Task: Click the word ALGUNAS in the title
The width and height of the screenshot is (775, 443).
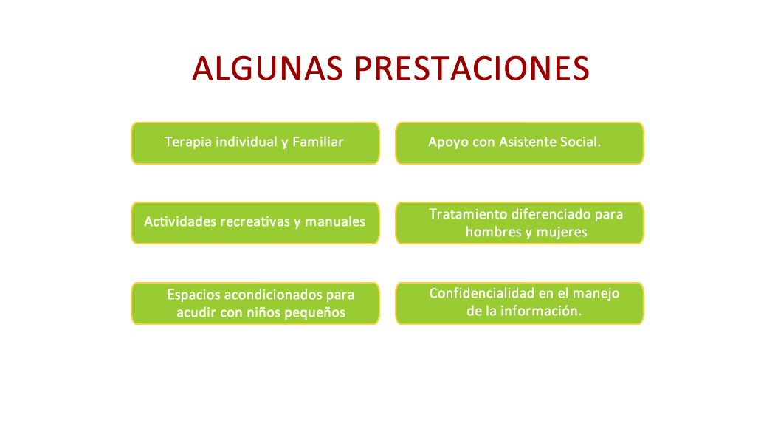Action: coord(267,68)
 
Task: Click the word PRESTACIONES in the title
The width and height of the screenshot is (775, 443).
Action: coord(472,68)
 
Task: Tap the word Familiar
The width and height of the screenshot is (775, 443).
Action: coord(318,142)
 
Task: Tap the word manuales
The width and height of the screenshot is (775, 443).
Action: coord(335,221)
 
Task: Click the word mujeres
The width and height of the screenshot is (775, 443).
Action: coord(562,233)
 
